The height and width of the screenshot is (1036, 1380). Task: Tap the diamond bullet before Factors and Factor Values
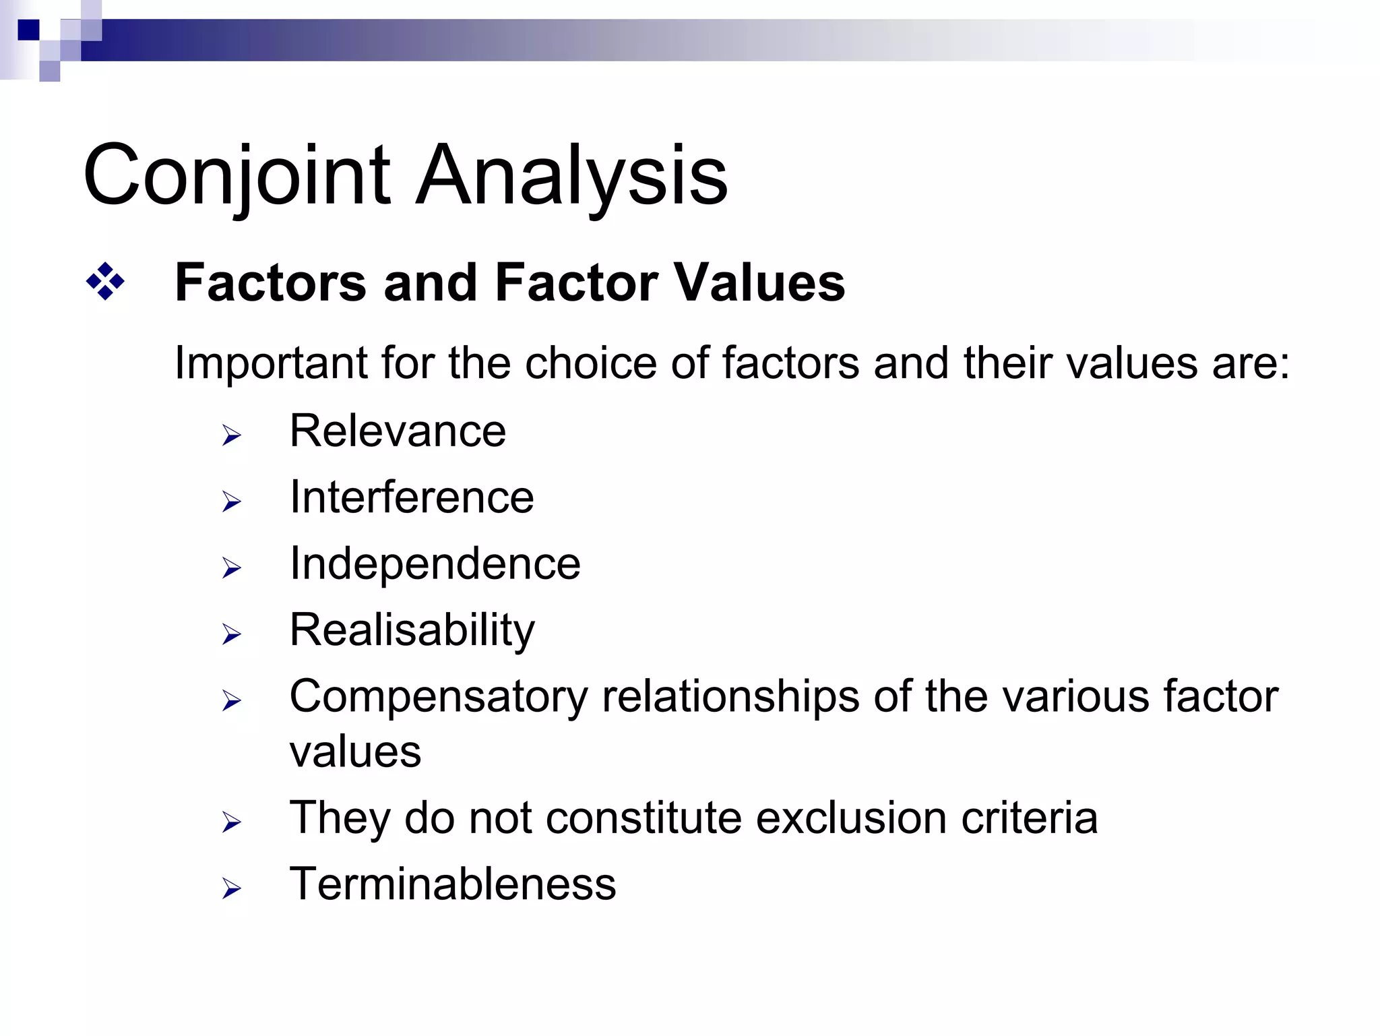point(105,282)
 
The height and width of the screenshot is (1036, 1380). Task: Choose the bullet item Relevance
point(398,431)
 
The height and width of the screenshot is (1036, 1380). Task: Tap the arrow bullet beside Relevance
point(231,435)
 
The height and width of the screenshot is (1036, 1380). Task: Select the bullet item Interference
point(412,497)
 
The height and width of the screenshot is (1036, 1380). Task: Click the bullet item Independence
point(435,563)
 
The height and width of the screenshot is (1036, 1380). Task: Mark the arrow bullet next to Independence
point(231,568)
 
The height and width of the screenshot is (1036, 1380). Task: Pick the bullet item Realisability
point(412,630)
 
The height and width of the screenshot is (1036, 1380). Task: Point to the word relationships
point(730,696)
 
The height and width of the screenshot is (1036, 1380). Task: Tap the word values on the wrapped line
point(355,752)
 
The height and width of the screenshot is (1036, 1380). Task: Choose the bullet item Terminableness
point(452,884)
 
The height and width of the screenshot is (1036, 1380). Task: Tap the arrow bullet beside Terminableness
point(231,889)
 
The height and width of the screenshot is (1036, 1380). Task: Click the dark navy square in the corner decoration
point(28,30)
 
